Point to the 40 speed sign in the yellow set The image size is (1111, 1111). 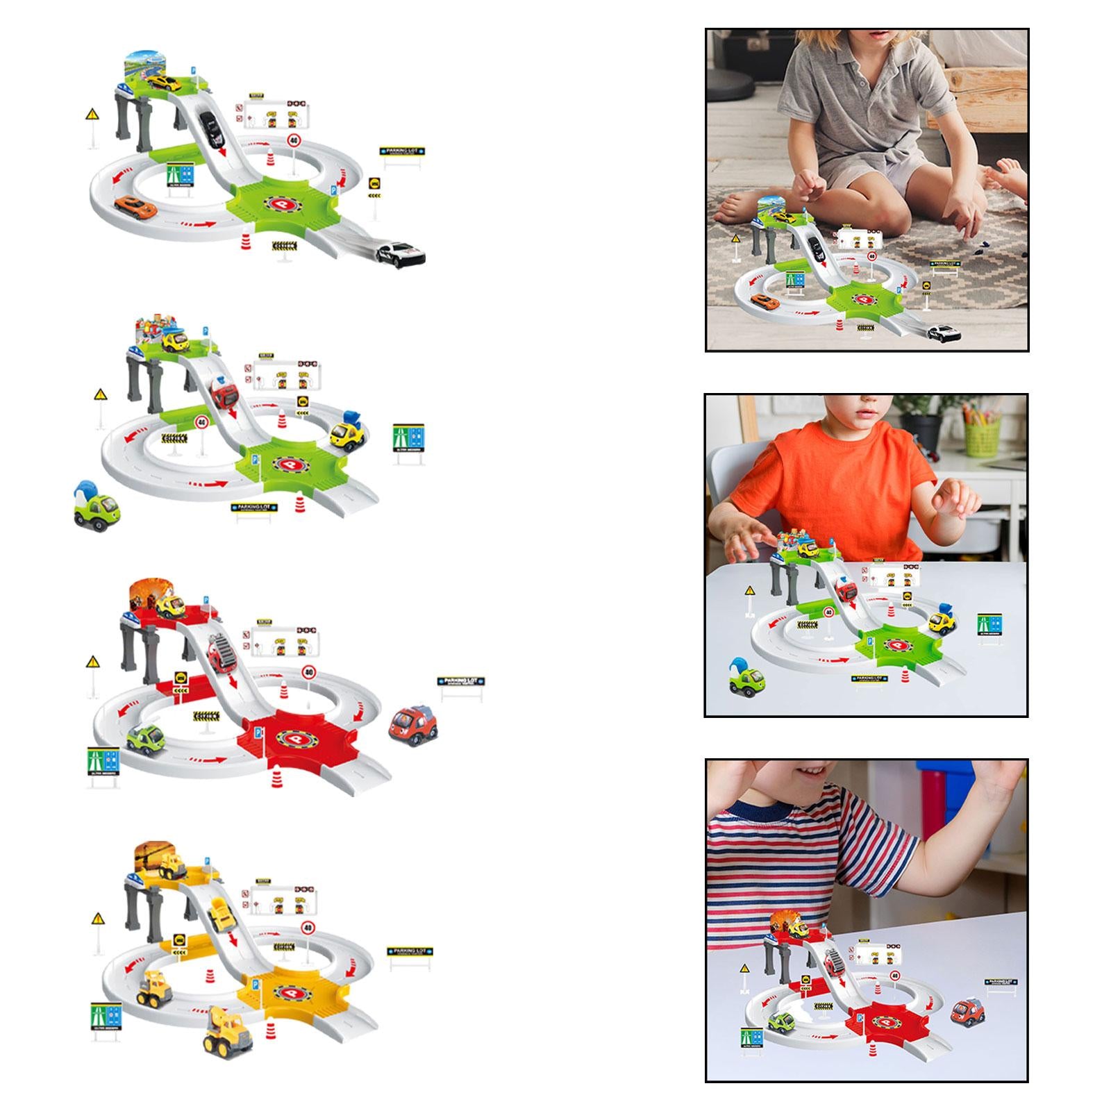(x=308, y=928)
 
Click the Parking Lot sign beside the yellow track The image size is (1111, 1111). (x=410, y=951)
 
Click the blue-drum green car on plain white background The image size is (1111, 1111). (x=97, y=505)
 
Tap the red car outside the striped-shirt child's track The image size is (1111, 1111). (x=967, y=1012)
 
